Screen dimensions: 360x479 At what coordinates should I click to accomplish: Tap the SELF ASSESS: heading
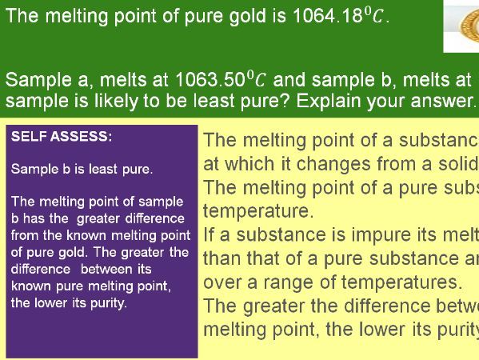tap(62, 137)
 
